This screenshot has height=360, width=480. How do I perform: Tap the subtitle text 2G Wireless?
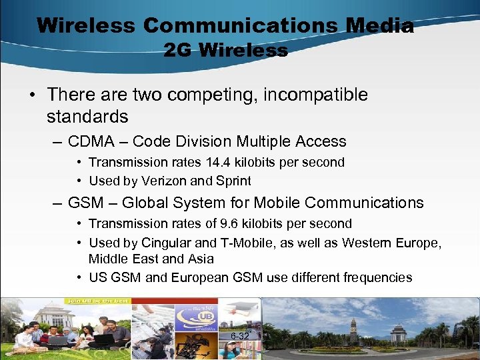[225, 50]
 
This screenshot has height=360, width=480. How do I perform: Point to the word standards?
[87, 117]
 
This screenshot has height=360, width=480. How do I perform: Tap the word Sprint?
[233, 181]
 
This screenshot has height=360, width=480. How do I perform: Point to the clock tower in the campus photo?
[353, 329]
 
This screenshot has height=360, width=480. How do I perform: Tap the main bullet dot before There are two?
[32, 95]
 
